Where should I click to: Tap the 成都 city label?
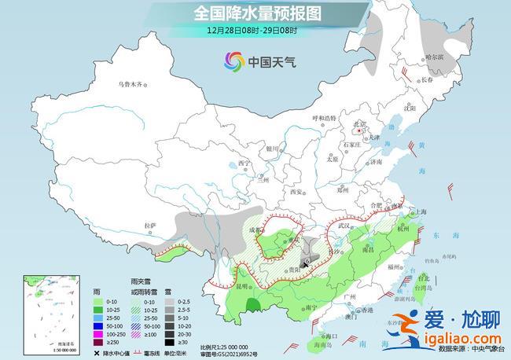(x=252, y=230)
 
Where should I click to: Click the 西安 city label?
(x=296, y=192)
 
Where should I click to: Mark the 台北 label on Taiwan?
(x=422, y=277)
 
